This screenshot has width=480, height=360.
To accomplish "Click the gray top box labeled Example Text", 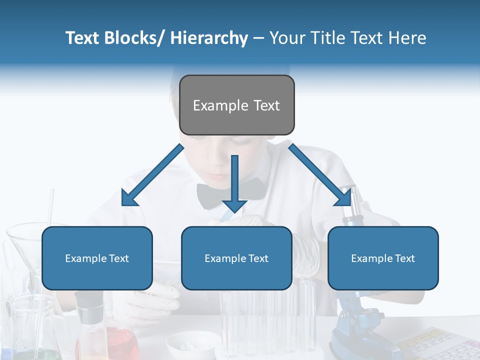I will tap(236, 105).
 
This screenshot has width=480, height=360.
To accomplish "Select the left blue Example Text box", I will tap(97, 258).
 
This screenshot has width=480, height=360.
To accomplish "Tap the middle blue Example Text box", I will tap(236, 258).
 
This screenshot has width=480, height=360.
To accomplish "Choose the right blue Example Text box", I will tap(383, 258).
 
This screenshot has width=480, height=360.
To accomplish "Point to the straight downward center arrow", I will tap(234, 182).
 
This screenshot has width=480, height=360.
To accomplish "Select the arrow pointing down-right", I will tap(320, 175).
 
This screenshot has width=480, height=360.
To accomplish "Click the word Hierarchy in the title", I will tap(209, 38).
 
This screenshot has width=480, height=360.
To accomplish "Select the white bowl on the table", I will tap(192, 346).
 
